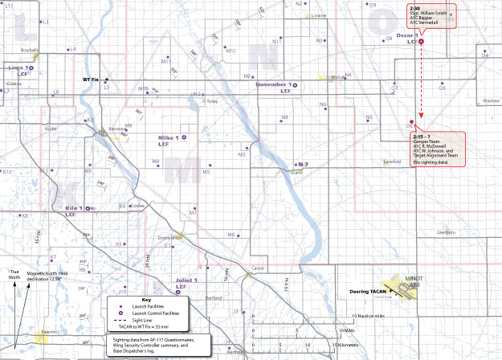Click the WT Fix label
91,80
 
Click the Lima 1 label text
16,68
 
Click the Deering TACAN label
369,292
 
